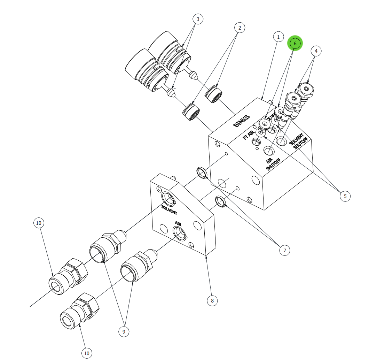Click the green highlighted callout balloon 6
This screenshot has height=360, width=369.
click(x=295, y=44)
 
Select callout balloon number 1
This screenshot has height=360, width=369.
click(x=278, y=37)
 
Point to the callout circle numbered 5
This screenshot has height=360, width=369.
click(x=345, y=196)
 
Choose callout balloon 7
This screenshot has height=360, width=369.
click(x=284, y=250)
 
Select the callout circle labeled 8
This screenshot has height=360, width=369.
click(x=212, y=300)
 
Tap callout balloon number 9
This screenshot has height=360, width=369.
click(x=124, y=332)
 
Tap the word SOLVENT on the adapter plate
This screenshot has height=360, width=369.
click(x=169, y=210)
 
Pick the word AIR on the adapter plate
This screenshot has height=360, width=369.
click(x=178, y=223)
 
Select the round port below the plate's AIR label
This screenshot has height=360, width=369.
click(x=179, y=233)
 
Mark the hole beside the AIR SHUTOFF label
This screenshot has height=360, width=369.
click(x=268, y=151)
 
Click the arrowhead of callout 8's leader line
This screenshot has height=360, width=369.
click(x=207, y=257)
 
